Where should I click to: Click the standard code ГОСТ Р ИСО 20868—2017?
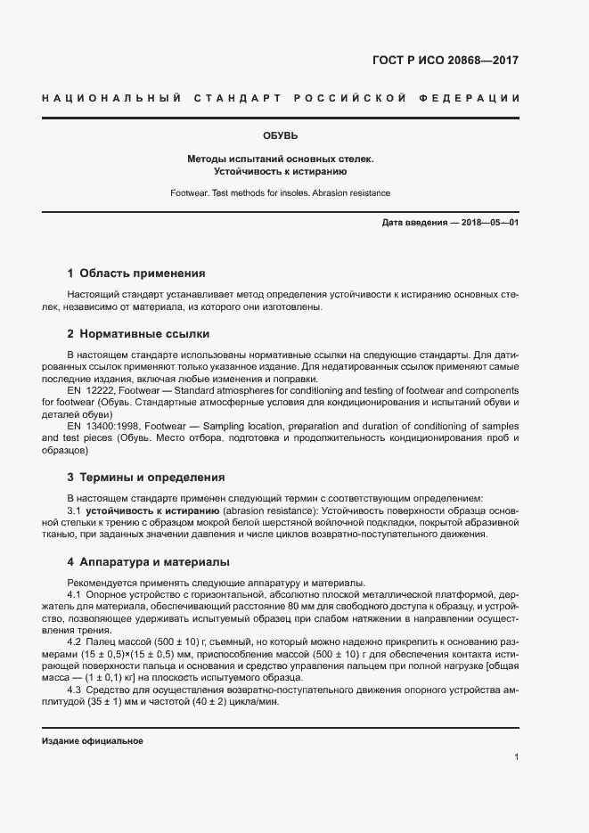(x=444, y=61)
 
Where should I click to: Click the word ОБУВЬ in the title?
(x=280, y=136)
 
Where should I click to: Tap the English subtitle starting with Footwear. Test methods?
(x=280, y=192)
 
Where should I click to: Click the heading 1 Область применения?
(x=136, y=274)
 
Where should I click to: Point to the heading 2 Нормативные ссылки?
(x=138, y=334)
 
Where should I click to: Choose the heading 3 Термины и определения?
(x=146, y=477)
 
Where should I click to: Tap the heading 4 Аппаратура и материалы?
(x=149, y=562)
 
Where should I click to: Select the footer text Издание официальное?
(x=93, y=741)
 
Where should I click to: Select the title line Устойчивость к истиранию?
(x=280, y=170)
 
